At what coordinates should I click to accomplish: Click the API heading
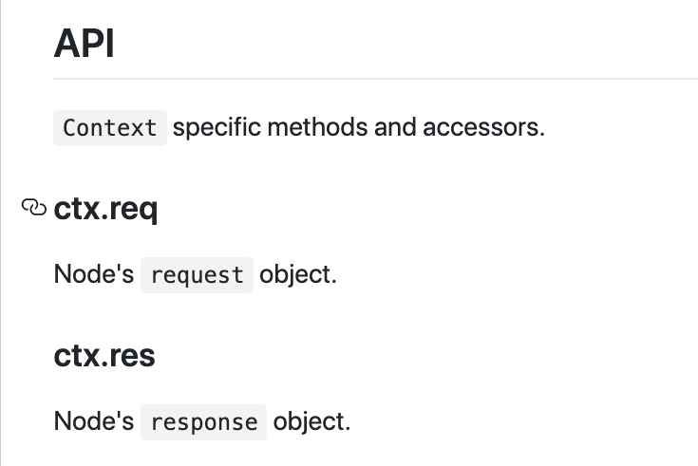tap(85, 44)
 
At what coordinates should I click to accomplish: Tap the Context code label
tap(110, 127)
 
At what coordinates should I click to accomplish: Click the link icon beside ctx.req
tap(33, 207)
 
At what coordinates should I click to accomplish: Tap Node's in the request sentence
tap(93, 274)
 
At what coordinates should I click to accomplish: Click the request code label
tap(198, 275)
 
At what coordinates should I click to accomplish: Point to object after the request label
tap(298, 274)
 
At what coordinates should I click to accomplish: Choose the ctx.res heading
tap(104, 356)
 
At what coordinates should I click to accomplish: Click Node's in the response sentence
tap(93, 420)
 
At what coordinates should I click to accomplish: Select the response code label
tap(204, 421)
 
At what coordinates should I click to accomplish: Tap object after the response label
tap(311, 420)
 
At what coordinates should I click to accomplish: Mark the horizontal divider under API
tap(375, 78)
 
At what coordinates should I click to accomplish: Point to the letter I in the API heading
tap(110, 44)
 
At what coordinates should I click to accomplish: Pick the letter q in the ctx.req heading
tap(147, 211)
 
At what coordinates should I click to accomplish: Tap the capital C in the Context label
tap(68, 127)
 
